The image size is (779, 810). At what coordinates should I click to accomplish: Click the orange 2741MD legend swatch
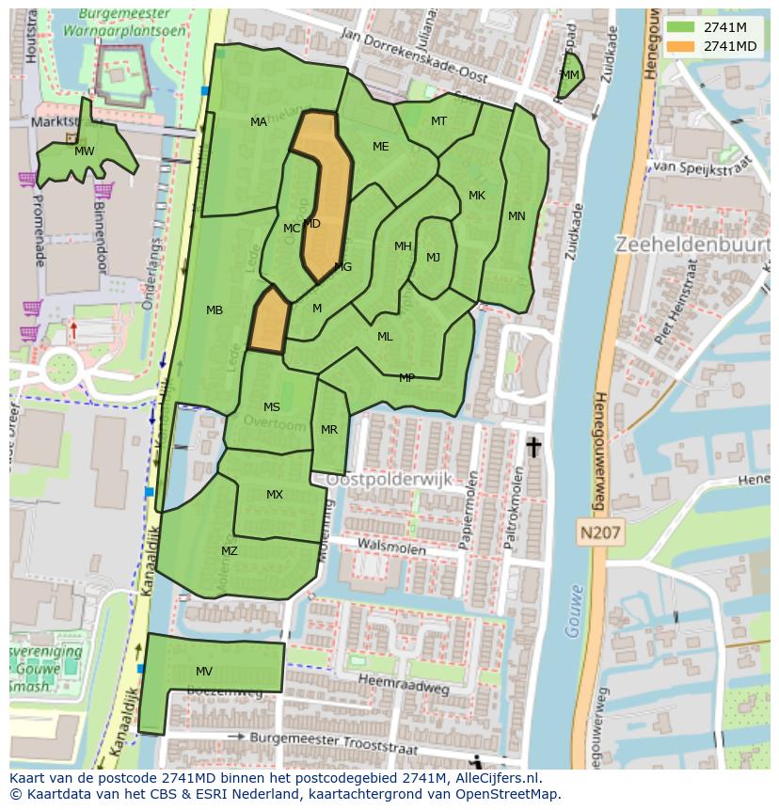pyautogui.click(x=683, y=46)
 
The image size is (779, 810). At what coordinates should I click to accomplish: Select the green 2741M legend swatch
pyautogui.click(x=683, y=27)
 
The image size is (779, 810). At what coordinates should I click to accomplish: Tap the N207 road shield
pyautogui.click(x=599, y=532)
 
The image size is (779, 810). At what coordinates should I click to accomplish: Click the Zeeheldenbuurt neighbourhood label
pyautogui.click(x=692, y=245)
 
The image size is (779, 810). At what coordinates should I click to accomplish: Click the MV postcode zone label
pyautogui.click(x=204, y=671)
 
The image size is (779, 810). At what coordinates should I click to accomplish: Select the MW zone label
pyautogui.click(x=85, y=151)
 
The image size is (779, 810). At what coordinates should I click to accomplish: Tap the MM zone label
pyautogui.click(x=570, y=75)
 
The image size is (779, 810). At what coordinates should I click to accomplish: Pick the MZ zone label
pyautogui.click(x=230, y=551)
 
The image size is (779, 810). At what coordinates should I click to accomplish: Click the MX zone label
pyautogui.click(x=275, y=495)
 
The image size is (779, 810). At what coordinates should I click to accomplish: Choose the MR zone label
pyautogui.click(x=329, y=430)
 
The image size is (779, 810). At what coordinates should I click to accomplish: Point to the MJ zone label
pyautogui.click(x=433, y=258)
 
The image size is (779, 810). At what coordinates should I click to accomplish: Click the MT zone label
pyautogui.click(x=438, y=121)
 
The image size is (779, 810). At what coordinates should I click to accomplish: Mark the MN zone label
pyautogui.click(x=517, y=216)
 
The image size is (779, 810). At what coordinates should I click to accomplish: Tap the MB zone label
pyautogui.click(x=215, y=310)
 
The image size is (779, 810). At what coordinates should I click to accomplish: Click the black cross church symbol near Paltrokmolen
pyautogui.click(x=533, y=447)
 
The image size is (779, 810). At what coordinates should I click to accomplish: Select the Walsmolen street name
pyautogui.click(x=389, y=544)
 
